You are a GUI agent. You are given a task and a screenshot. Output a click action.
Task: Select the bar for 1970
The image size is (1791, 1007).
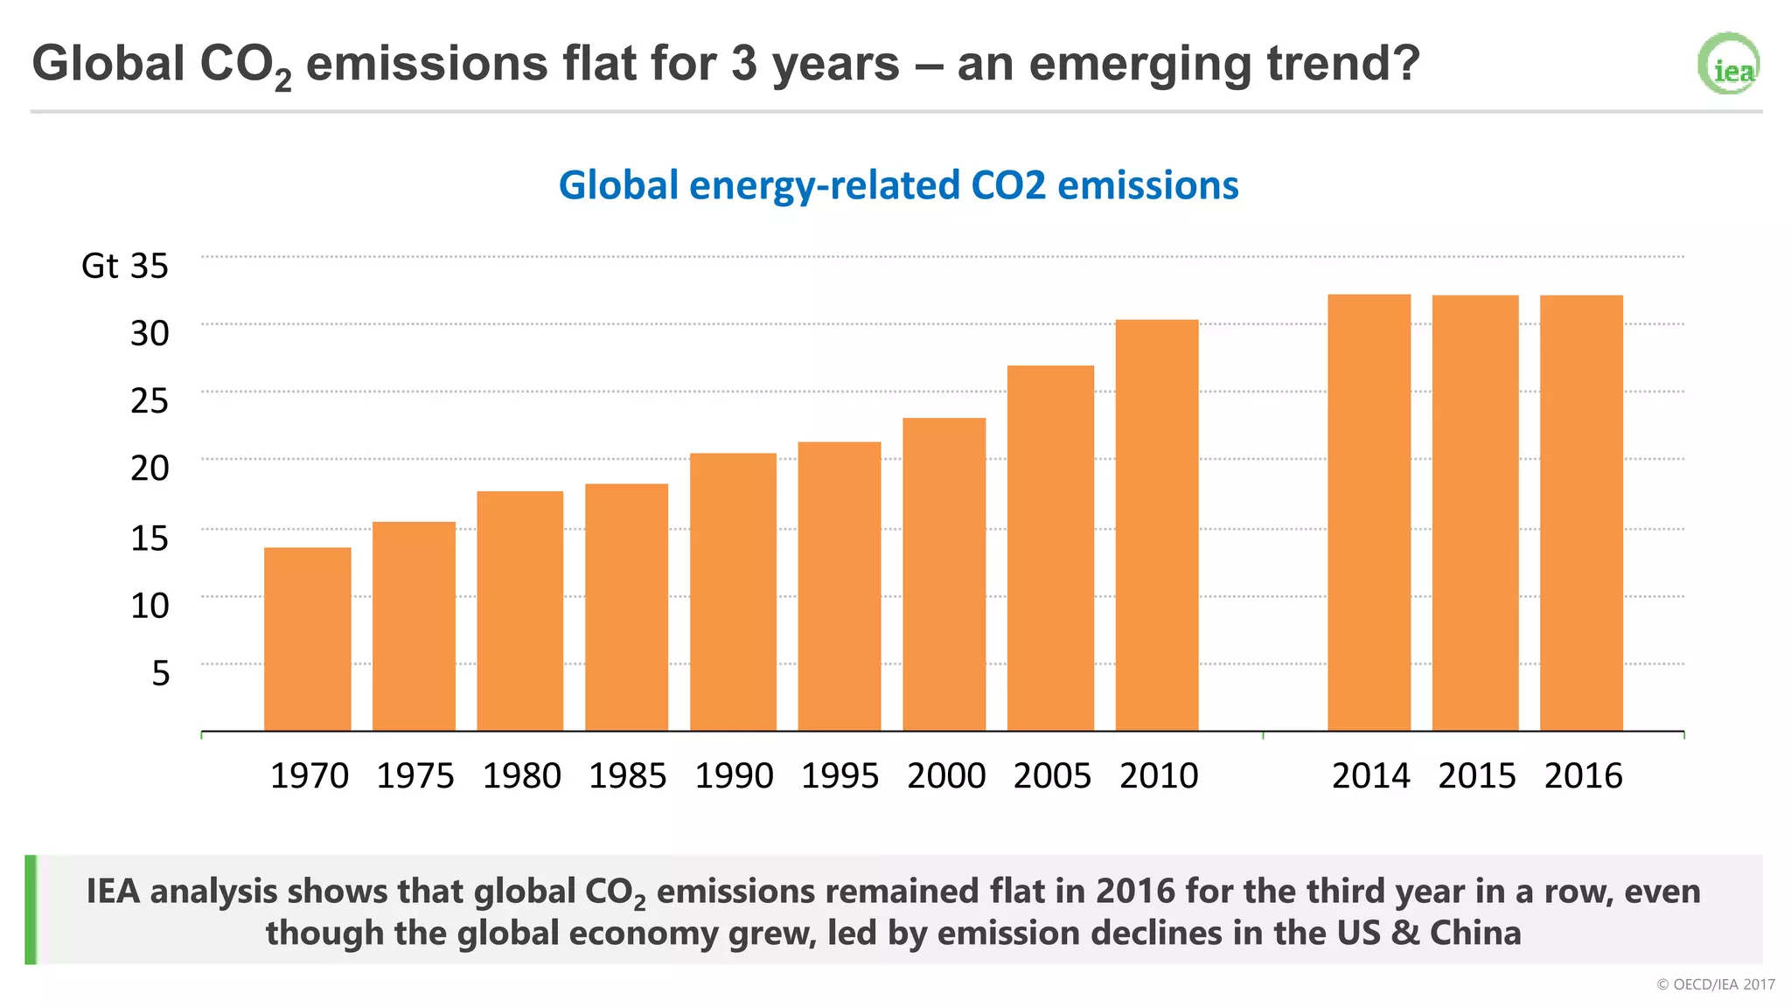307,639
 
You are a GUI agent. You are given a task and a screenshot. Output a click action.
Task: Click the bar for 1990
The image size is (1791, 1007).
733,592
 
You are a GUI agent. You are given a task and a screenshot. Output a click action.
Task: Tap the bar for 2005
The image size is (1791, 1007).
1050,548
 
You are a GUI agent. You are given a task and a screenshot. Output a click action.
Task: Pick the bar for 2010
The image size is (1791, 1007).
1157,525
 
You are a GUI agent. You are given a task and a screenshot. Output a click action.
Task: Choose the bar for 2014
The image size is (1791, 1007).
1369,512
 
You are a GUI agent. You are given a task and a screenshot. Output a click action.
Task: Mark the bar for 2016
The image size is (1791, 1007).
1581,513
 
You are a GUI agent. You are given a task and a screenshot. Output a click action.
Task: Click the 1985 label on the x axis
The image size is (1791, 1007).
627,776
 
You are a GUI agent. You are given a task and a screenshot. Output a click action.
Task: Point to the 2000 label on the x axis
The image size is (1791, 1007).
946,776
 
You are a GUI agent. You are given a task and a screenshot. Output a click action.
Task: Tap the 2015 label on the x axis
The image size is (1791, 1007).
1476,776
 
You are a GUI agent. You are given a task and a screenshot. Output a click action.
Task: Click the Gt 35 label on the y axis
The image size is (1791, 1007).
125,266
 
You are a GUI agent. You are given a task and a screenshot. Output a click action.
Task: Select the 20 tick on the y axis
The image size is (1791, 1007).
150,469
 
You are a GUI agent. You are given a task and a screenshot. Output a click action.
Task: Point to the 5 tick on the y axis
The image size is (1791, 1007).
160,673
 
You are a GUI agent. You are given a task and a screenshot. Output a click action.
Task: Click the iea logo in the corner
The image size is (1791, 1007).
1729,64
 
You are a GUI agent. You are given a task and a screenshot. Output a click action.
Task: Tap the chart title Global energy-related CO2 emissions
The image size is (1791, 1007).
898,185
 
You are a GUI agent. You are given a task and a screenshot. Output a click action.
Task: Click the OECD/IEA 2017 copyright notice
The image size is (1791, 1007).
1715,984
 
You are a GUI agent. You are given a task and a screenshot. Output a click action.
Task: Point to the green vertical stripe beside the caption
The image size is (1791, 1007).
31,909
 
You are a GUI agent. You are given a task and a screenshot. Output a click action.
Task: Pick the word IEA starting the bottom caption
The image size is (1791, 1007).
114,892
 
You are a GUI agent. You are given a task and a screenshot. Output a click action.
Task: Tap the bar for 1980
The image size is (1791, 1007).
519,611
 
